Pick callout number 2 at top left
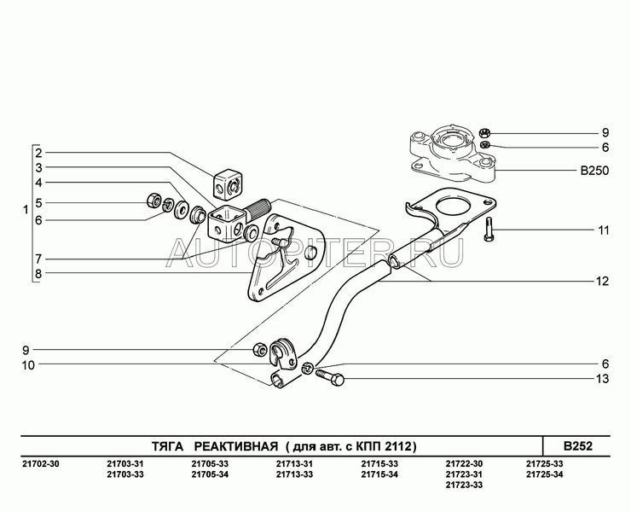pos(38,153)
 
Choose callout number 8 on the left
pos(38,274)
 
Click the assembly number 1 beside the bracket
pos(25,209)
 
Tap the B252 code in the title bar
pos(577,445)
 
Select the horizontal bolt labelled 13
pos(332,376)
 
